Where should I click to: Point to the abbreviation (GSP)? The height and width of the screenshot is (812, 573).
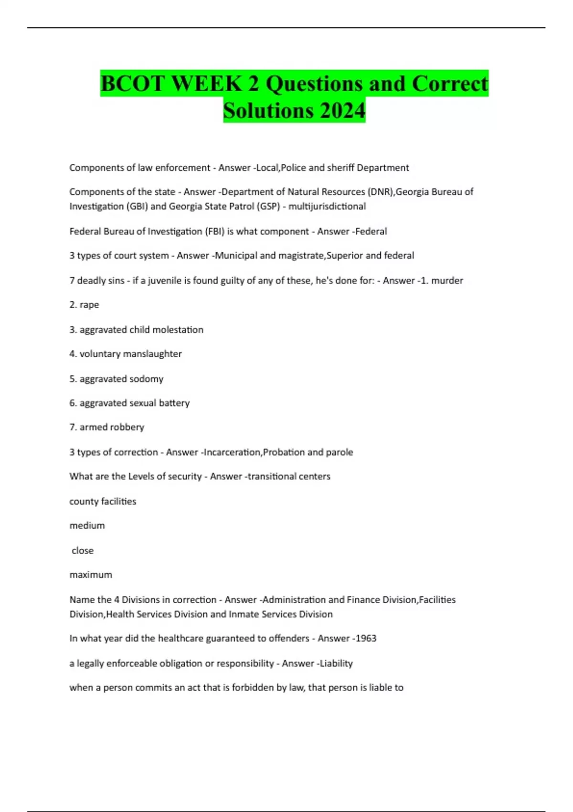click(267, 206)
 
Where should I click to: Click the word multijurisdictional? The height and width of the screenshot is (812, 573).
click(327, 206)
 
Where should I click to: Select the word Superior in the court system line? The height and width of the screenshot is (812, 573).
click(344, 256)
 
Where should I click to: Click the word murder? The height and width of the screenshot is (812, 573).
click(447, 280)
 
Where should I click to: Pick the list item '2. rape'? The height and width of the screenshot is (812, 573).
click(84, 305)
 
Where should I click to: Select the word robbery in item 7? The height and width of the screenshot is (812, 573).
click(127, 427)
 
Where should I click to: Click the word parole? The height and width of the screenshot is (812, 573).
click(339, 452)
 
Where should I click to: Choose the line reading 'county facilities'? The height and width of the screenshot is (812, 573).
click(103, 501)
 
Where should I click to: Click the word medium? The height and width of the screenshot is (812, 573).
click(87, 525)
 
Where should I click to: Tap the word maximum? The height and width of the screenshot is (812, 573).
click(91, 575)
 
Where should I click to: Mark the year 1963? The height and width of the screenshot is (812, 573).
click(366, 638)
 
